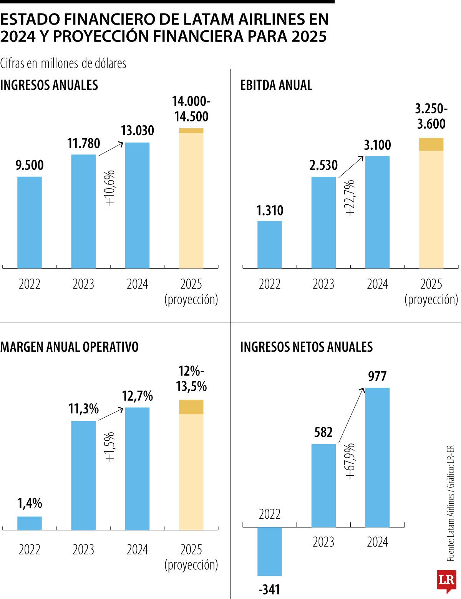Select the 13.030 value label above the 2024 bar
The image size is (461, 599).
pos(138,131)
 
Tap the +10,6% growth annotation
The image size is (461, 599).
pos(110,188)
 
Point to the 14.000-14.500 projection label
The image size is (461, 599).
pos(191,109)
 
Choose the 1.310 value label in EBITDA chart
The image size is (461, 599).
pos(270,211)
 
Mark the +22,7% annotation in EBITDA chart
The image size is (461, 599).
pos(350,198)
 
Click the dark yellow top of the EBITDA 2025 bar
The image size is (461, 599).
pos(431,144)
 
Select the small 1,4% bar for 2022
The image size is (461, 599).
pos(30,523)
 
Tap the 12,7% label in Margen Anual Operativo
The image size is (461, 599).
pos(138,396)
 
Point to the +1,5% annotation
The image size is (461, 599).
pos(110,447)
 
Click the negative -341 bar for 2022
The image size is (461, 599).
pos(270,551)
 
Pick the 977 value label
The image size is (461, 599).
pos(377,377)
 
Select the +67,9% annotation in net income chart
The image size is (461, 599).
pos(350,461)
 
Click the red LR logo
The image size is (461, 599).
pos(446,581)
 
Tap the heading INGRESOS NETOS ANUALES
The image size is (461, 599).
pos(306,347)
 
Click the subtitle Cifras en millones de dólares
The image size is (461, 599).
pos(63,63)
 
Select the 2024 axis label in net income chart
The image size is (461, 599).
pos(377,542)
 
